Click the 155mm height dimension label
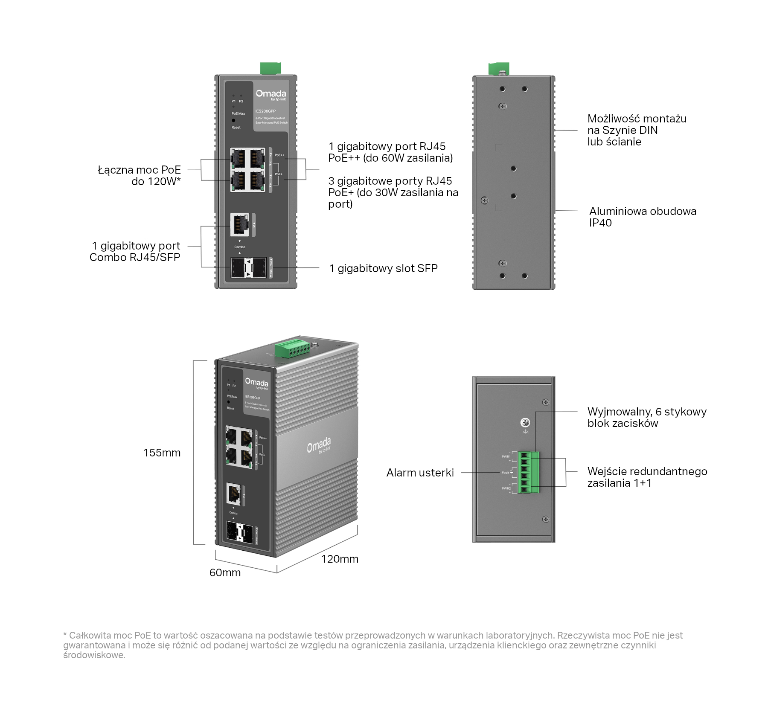pos(162,453)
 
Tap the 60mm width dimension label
pos(225,572)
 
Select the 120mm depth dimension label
pos(340,559)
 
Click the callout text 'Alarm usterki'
pos(420,473)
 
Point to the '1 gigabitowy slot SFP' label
pos(383,268)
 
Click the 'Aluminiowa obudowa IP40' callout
pos(643,217)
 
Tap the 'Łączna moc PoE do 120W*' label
pos(139,176)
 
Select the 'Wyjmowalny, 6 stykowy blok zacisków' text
pos(647,418)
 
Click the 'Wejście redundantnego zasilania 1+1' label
pos(647,477)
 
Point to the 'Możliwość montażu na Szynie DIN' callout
pos(637,130)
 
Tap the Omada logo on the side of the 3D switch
pos(319,445)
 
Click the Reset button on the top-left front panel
pos(233,121)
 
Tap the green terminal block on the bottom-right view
pos(529,472)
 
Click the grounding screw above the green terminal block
pos(526,423)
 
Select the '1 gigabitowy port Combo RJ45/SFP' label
pos(135,251)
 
